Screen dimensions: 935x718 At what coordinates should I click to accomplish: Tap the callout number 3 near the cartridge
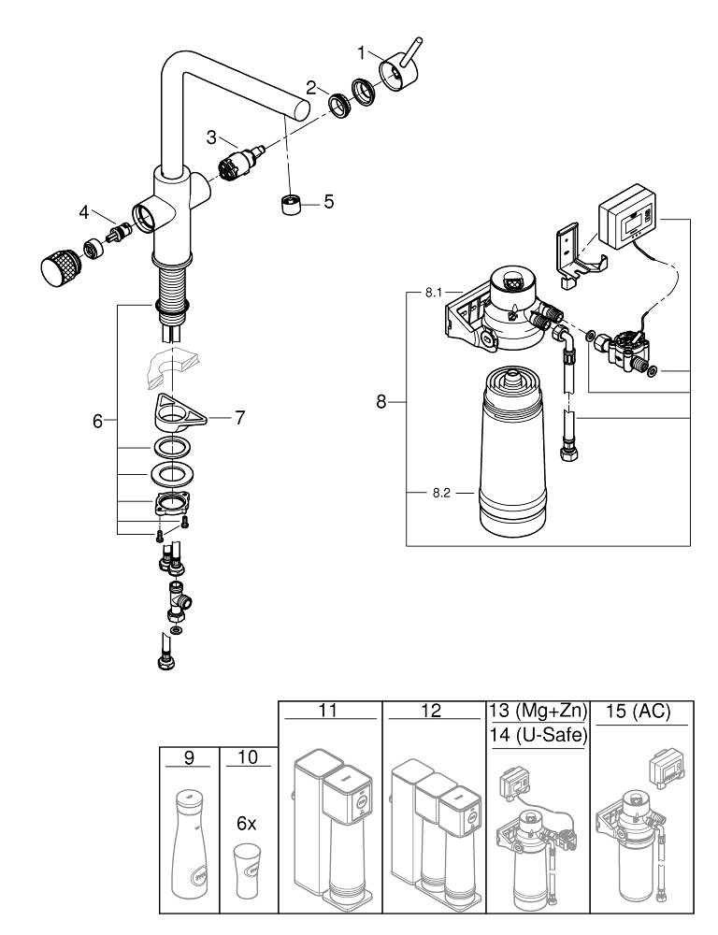(x=211, y=137)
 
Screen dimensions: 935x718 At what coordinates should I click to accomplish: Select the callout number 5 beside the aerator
(x=328, y=201)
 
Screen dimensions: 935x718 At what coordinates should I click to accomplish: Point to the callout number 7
(x=239, y=418)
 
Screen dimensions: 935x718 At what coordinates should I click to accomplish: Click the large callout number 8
(x=380, y=402)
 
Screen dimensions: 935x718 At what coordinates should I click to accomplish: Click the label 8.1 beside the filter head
(x=432, y=293)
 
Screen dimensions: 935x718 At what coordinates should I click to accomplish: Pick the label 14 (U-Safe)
(x=538, y=736)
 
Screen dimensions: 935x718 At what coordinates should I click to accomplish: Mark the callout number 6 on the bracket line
(x=97, y=422)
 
